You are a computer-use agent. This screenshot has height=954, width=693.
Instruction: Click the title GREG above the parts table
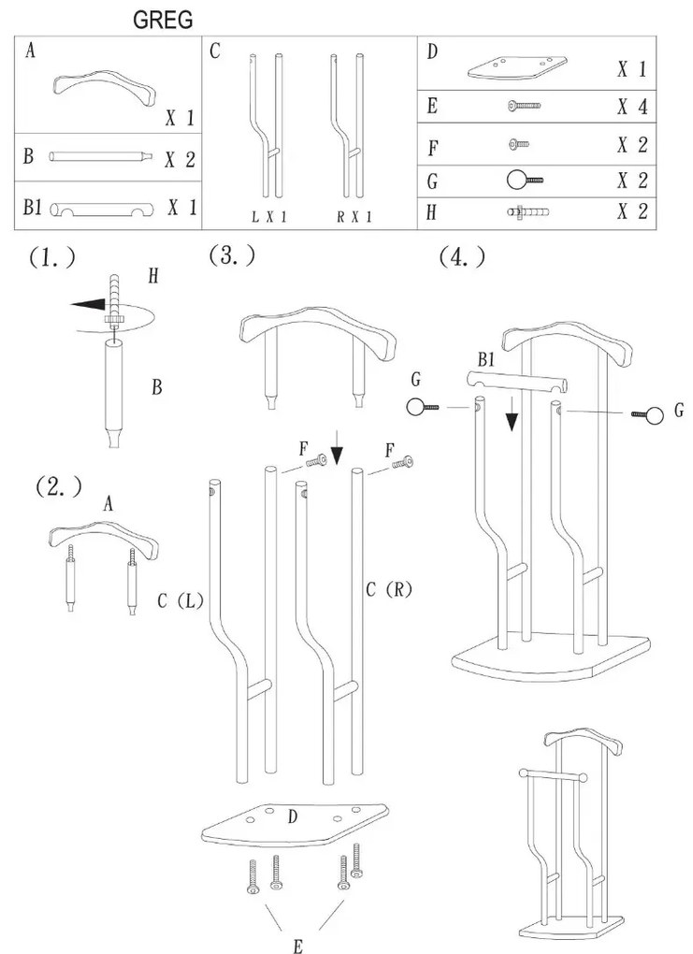tap(163, 19)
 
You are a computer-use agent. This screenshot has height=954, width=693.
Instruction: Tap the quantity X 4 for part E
tap(632, 106)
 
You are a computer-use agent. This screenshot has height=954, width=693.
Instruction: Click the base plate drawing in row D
tap(517, 66)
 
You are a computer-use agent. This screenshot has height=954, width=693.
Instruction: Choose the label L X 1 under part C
tap(267, 216)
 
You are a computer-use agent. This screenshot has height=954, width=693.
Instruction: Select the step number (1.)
tap(51, 259)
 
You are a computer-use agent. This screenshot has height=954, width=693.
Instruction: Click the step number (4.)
tap(462, 256)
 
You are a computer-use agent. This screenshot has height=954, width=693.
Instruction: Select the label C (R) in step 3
tap(389, 589)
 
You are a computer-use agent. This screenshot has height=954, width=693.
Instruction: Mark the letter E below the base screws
tap(296, 947)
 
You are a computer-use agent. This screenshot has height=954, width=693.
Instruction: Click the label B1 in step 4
tap(486, 359)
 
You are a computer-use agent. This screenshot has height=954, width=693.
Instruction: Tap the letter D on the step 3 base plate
tap(292, 817)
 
